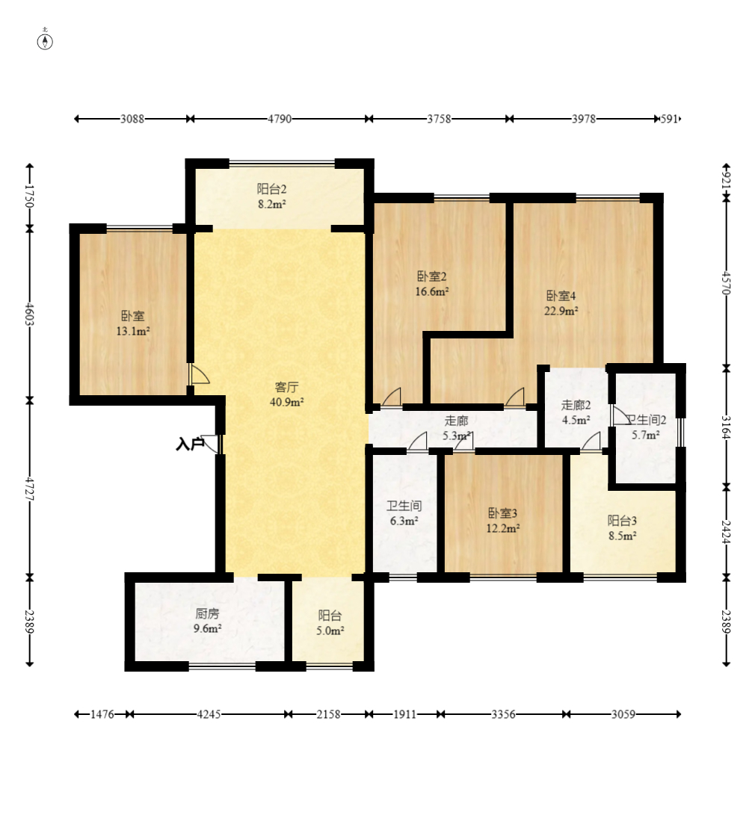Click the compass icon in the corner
tap(45, 40)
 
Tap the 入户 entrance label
tap(190, 444)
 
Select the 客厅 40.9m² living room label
tap(286, 394)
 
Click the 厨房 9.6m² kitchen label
tap(207, 621)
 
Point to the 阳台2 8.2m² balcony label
tap(272, 196)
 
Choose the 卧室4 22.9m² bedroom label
tap(561, 303)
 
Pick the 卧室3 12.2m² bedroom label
tap(503, 521)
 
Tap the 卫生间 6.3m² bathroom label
tap(404, 513)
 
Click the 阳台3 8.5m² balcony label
tap(623, 527)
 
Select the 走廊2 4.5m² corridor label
tap(576, 412)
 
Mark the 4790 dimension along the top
tap(280, 119)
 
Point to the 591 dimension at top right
tap(668, 119)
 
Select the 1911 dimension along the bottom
tap(405, 714)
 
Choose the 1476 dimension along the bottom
tap(102, 714)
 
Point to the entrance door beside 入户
tap(210, 444)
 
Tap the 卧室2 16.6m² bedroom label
tap(432, 283)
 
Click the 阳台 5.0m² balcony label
tap(330, 623)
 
